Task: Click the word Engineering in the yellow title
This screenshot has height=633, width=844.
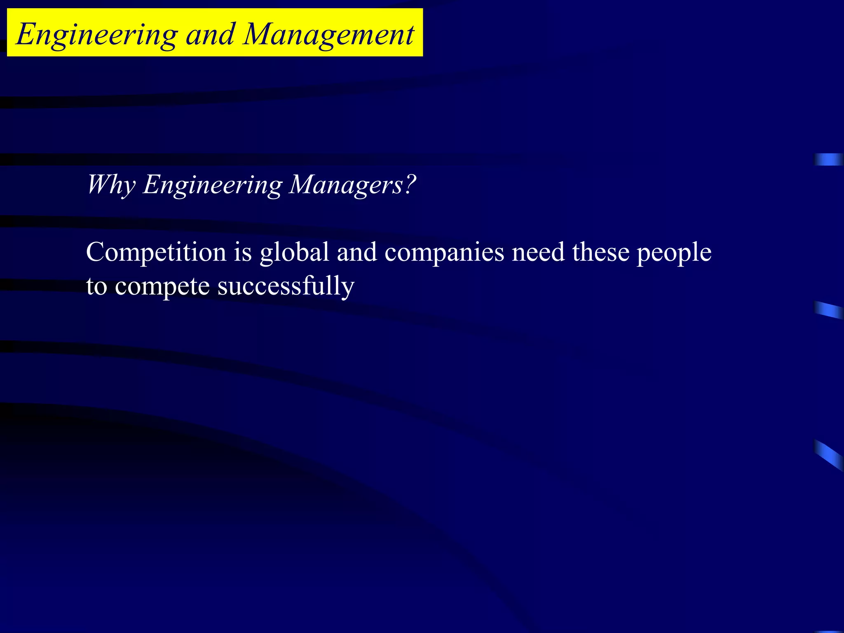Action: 97,35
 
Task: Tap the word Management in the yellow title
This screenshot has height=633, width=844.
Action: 328,35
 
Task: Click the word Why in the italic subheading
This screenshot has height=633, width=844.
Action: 110,185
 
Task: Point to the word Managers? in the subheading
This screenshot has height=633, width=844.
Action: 352,185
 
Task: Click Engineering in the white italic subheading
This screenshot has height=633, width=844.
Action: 212,185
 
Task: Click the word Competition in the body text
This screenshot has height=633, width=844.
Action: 156,252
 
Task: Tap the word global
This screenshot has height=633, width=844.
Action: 294,252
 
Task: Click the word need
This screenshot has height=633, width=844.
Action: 538,252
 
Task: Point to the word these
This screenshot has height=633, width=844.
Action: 600,252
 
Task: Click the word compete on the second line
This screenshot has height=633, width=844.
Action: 162,287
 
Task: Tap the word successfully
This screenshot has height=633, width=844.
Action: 286,287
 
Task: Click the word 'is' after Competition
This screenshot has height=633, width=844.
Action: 243,252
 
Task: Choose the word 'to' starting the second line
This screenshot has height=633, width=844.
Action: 96,287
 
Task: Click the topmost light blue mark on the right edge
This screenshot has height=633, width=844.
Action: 828,159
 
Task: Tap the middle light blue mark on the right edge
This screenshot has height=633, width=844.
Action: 828,310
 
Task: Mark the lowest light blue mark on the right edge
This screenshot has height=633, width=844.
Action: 828,455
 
